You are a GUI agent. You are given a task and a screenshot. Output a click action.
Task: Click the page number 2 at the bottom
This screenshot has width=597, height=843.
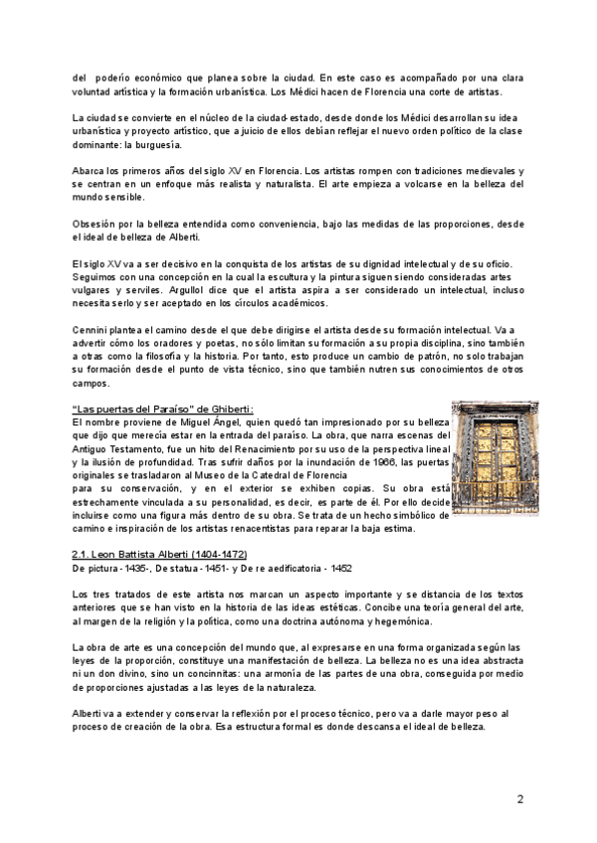tap(519, 799)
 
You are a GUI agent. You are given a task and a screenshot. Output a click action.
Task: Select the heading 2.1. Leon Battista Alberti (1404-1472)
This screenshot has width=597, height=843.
tap(160, 553)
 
